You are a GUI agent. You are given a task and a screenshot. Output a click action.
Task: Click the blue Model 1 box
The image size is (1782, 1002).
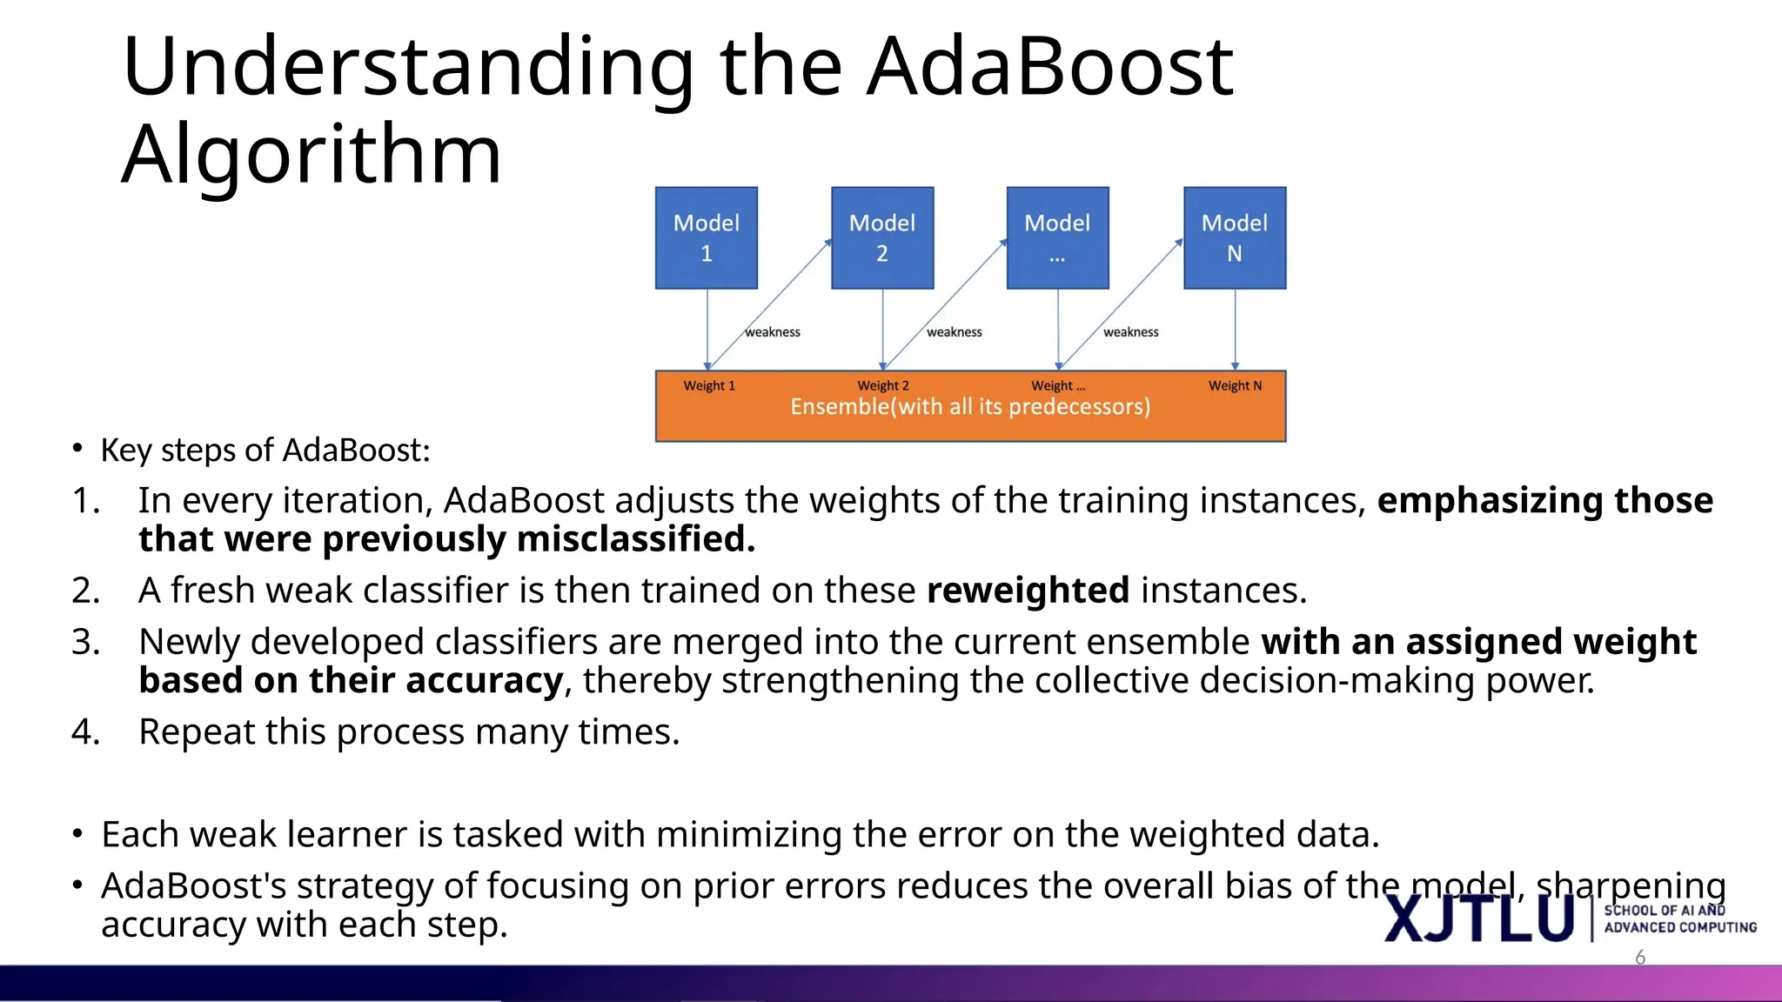pyautogui.click(x=706, y=237)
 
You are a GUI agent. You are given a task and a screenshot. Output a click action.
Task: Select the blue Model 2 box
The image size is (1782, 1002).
pyautogui.click(x=881, y=237)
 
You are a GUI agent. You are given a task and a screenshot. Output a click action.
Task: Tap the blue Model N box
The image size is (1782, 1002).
pyautogui.click(x=1234, y=237)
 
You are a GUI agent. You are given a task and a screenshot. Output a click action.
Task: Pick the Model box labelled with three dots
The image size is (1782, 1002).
pyautogui.click(x=1057, y=237)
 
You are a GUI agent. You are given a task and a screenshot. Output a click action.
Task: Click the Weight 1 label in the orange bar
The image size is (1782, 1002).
pyautogui.click(x=709, y=385)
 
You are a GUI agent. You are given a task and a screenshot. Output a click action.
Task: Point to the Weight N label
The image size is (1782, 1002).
pyautogui.click(x=1235, y=385)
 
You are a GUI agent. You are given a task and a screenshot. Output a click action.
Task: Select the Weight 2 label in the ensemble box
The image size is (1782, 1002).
pyautogui.click(x=882, y=385)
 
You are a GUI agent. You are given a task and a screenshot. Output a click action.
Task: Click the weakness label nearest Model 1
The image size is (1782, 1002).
pyautogui.click(x=773, y=332)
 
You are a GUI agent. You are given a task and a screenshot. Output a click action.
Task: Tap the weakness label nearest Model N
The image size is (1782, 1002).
pyautogui.click(x=1130, y=332)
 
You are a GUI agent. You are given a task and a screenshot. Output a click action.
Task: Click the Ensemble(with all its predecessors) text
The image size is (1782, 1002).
pyautogui.click(x=970, y=407)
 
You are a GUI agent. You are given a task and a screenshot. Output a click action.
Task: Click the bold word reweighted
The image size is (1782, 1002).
pyautogui.click(x=1028, y=591)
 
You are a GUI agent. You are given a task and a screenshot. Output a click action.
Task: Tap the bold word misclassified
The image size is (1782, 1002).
pyautogui.click(x=635, y=539)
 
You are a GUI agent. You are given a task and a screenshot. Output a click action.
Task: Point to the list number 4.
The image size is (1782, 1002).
pyautogui.click(x=84, y=732)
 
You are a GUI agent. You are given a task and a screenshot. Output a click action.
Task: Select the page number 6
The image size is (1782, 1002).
pyautogui.click(x=1640, y=958)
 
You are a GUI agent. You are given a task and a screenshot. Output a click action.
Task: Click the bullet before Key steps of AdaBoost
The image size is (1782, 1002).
pyautogui.click(x=77, y=449)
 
